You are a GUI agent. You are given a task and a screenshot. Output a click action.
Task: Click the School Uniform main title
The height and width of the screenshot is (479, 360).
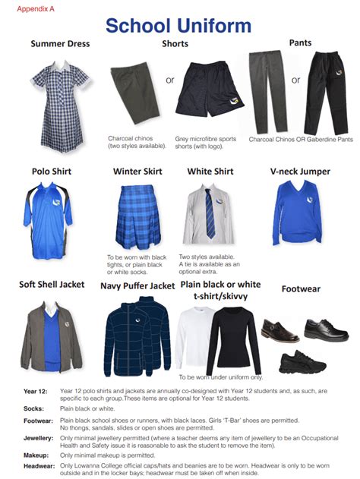tap(178, 25)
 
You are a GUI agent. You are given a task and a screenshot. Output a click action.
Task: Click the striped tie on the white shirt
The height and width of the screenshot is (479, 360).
tap(210, 213)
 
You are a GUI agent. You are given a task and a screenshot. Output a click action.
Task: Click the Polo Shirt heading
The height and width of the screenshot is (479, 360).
tap(51, 172)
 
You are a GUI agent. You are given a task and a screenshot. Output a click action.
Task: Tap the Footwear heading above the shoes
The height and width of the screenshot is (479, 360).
tap(302, 288)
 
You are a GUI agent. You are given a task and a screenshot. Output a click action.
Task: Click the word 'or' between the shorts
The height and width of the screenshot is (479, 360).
tap(170, 80)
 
